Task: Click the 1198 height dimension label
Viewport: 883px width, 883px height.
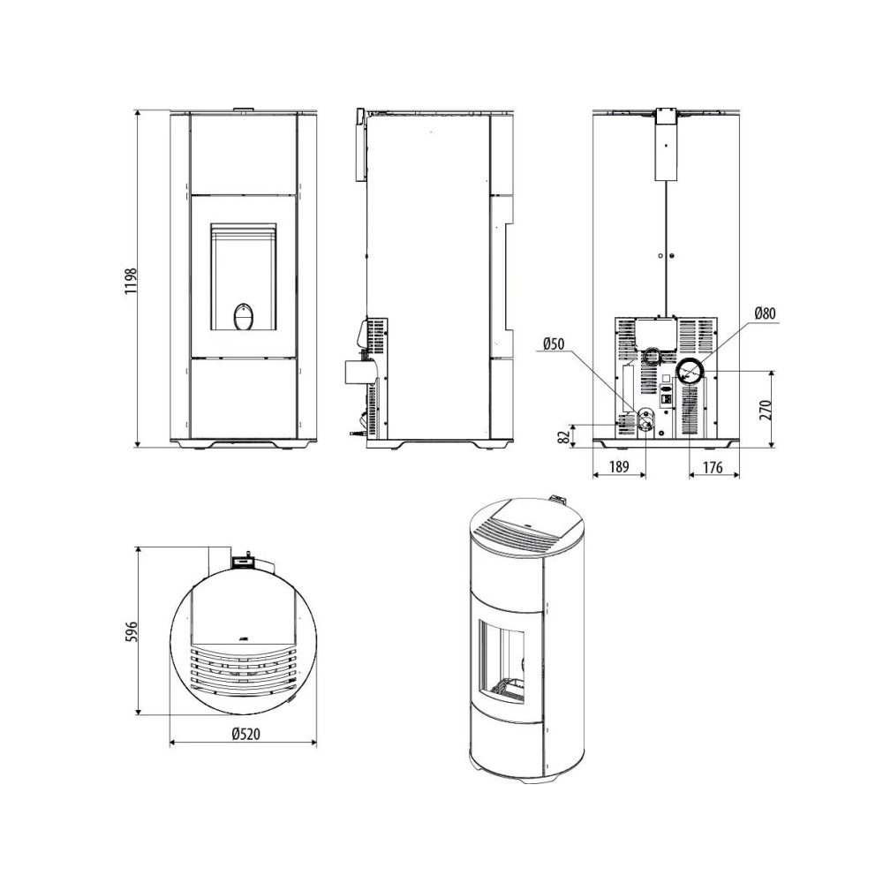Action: click(x=131, y=281)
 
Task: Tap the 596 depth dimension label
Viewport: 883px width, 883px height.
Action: click(x=131, y=632)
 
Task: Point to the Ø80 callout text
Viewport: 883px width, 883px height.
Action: click(x=765, y=313)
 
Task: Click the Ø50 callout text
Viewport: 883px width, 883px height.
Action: click(x=554, y=343)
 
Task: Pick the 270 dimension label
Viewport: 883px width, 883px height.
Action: click(x=766, y=410)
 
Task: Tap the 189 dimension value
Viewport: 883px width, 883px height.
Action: click(x=620, y=467)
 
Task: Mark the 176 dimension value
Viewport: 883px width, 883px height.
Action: click(x=713, y=467)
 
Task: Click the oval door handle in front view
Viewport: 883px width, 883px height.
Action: click(x=244, y=316)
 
